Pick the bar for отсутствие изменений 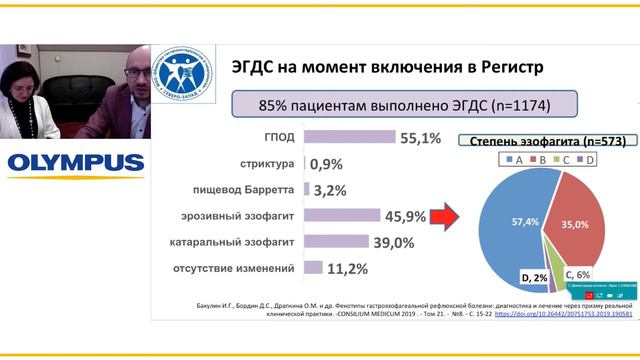tap(312, 267)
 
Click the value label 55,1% tap(392, 137)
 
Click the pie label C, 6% tap(578, 272)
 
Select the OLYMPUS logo tap(74, 162)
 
